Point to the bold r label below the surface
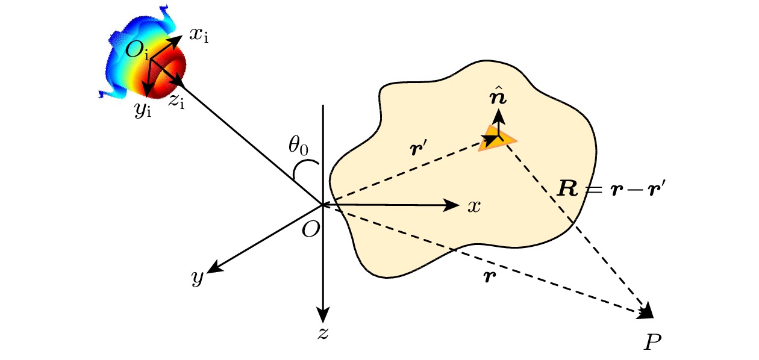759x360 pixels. pyautogui.click(x=489, y=278)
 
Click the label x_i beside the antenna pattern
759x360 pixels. pyautogui.click(x=199, y=34)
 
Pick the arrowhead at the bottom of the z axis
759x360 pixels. pyautogui.click(x=324, y=315)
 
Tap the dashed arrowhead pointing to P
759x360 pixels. pyautogui.click(x=646, y=311)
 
